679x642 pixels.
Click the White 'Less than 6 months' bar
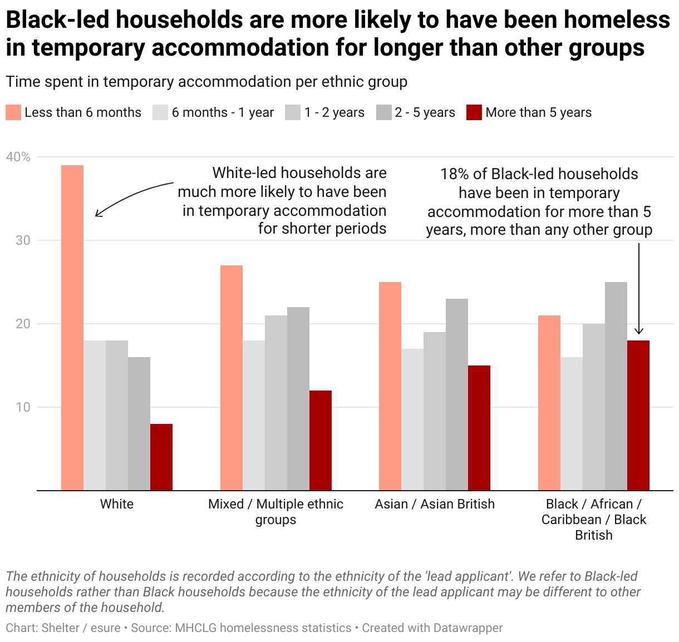point(72,328)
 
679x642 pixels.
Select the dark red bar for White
point(161,457)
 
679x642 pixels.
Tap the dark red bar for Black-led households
point(638,415)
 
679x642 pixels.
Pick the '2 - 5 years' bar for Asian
point(457,394)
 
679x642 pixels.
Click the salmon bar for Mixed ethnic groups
point(232,378)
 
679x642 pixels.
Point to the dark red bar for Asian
point(479,428)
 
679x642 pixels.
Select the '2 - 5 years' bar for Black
point(616,386)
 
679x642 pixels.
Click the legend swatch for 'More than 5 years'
point(474,112)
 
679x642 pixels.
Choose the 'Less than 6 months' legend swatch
point(13,112)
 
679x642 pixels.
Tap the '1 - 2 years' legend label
point(334,112)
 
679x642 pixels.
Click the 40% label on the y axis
point(18,157)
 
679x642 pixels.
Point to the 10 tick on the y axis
point(23,407)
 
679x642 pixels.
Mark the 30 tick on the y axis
point(23,240)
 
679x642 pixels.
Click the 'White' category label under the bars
point(117,504)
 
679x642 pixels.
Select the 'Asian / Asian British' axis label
point(435,504)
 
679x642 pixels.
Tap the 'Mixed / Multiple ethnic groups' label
point(275,512)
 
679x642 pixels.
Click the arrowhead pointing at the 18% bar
point(639,332)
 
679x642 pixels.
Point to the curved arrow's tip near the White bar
point(97,215)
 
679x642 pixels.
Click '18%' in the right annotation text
point(454,174)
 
